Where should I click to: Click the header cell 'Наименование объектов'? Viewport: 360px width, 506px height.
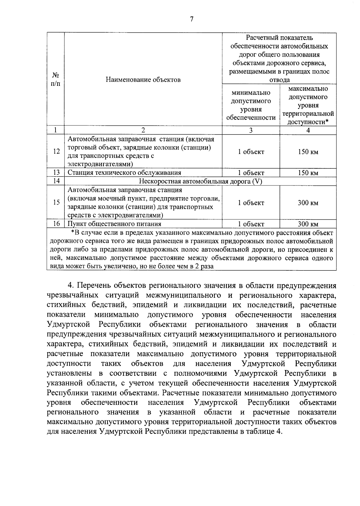(x=143, y=80)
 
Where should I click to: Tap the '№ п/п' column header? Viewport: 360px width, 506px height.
(x=55, y=79)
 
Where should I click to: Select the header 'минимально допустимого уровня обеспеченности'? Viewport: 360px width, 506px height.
(x=251, y=105)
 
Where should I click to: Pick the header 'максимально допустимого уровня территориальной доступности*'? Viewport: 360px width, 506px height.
(x=308, y=105)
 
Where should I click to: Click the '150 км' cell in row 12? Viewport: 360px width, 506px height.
(x=308, y=152)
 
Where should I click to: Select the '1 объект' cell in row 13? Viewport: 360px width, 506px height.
(x=251, y=173)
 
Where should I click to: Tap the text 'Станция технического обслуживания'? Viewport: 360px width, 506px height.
(x=124, y=173)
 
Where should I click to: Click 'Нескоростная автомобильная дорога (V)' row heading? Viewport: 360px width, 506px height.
(x=200, y=181)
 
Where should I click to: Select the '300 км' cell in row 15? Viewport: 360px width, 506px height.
(x=308, y=203)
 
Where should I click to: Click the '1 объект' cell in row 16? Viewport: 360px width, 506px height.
(x=251, y=224)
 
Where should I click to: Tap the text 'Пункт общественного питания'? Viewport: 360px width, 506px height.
(x=114, y=224)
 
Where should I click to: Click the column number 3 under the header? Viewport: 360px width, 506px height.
(x=251, y=130)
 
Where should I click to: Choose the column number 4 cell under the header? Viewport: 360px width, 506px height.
(x=308, y=130)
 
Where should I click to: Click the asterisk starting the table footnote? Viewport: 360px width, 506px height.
(x=72, y=233)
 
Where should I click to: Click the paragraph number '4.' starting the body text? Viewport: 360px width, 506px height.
(x=70, y=285)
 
